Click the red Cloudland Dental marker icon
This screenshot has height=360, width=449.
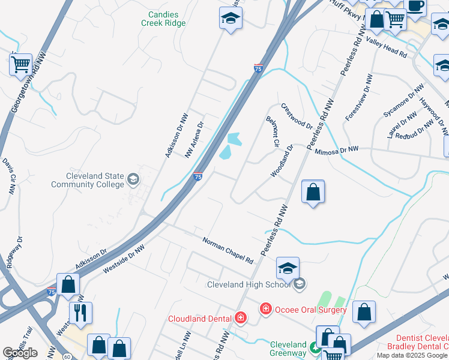pos(241,318)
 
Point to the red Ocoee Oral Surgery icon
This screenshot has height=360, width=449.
pos(265,309)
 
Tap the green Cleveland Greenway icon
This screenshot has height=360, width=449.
pos(314,347)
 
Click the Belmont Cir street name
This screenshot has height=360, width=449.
pos(272,132)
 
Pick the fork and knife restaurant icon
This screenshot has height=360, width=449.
pos(80,313)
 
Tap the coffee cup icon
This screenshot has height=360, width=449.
pos(415,6)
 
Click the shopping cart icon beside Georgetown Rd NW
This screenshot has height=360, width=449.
pos(21,64)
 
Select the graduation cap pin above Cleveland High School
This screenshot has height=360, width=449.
pos(288,268)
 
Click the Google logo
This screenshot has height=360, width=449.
pos(20,353)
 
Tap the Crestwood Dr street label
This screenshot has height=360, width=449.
pos(297,118)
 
